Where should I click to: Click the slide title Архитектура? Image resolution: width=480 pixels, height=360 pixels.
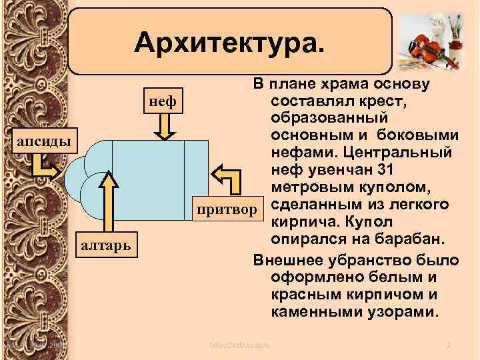[231, 43]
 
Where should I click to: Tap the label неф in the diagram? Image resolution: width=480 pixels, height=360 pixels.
[162, 102]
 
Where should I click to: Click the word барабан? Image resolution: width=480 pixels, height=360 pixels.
[406, 238]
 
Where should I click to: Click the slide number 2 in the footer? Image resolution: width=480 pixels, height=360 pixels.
[449, 345]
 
